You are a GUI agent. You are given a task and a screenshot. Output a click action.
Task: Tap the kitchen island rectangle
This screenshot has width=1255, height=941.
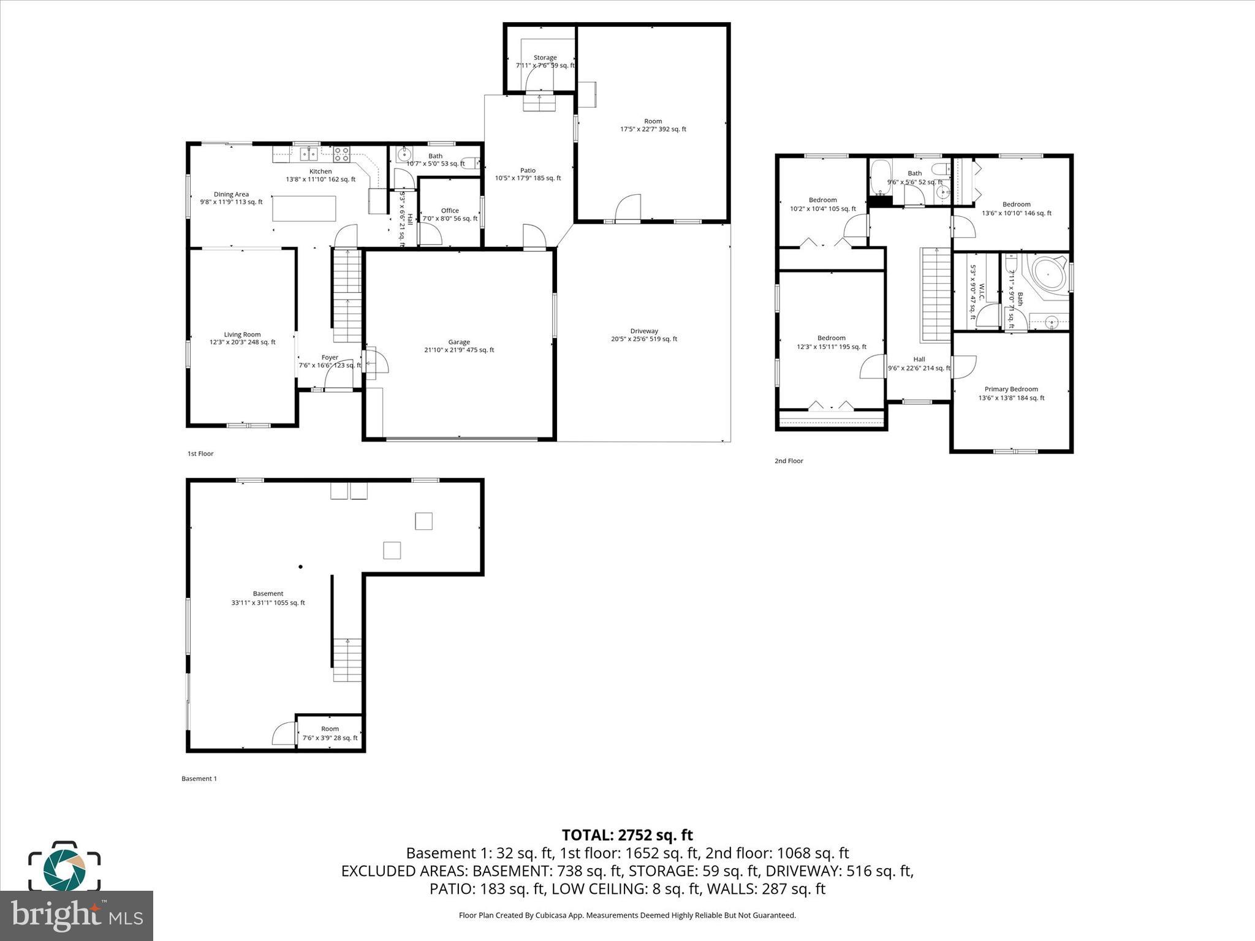pyautogui.click(x=305, y=208)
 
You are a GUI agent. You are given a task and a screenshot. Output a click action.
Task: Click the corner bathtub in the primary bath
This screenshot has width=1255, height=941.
pyautogui.click(x=1049, y=275)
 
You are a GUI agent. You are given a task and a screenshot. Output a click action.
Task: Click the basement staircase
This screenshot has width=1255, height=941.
pyautogui.click(x=347, y=660)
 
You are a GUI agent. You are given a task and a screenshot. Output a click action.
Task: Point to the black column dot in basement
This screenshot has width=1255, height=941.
pyautogui.click(x=300, y=567)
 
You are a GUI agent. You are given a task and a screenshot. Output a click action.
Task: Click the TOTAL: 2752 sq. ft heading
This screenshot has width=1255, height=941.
pyautogui.click(x=627, y=835)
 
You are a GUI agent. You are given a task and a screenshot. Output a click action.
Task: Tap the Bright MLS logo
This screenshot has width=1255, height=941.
pyautogui.click(x=76, y=915)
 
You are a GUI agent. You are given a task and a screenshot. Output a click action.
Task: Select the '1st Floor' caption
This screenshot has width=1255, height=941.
pyautogui.click(x=200, y=454)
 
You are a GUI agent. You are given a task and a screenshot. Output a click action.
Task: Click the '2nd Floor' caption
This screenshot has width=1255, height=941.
pyautogui.click(x=789, y=461)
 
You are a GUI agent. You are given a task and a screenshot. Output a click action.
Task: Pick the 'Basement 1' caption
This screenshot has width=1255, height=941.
pyautogui.click(x=199, y=779)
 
